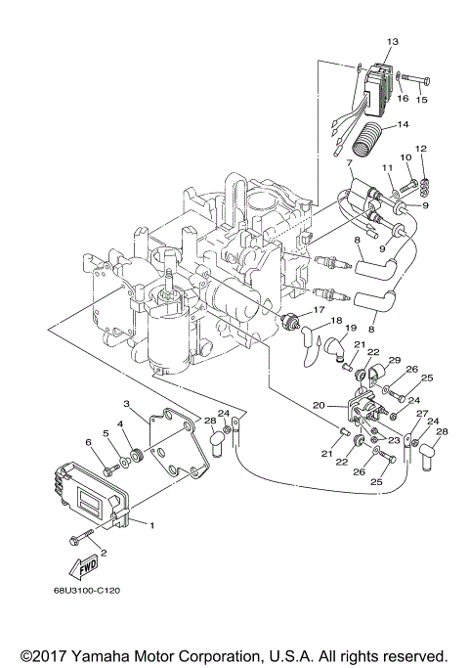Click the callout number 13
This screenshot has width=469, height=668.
(393, 42)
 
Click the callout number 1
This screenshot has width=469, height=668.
(150, 525)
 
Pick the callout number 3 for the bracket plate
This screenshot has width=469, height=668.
(127, 404)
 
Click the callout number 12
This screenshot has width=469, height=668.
(421, 149)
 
